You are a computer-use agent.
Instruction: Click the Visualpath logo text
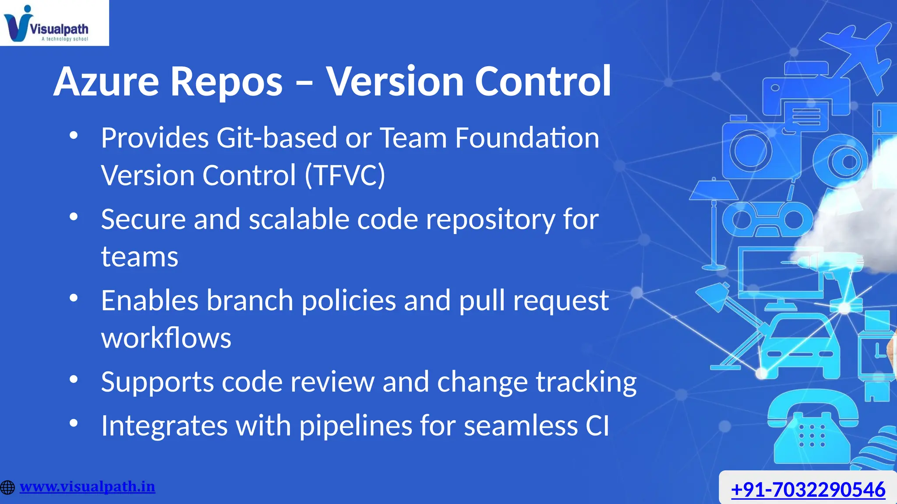tap(59, 29)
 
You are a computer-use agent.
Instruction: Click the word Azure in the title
tap(106, 81)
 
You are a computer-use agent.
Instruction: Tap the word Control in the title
tap(543, 81)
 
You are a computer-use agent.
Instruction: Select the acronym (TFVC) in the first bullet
tap(345, 175)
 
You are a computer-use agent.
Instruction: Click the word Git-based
tap(276, 138)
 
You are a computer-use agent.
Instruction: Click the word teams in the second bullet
tap(139, 257)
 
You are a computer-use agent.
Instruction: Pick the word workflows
tap(166, 338)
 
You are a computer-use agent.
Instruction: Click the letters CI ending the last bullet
tap(597, 426)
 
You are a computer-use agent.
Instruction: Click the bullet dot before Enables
tap(74, 298)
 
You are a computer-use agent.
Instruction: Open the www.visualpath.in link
tap(88, 486)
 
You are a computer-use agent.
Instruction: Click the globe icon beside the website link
tap(7, 487)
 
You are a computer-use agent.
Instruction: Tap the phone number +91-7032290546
tap(808, 489)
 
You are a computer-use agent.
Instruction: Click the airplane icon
tap(858, 52)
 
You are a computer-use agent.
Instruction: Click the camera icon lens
tap(750, 151)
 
